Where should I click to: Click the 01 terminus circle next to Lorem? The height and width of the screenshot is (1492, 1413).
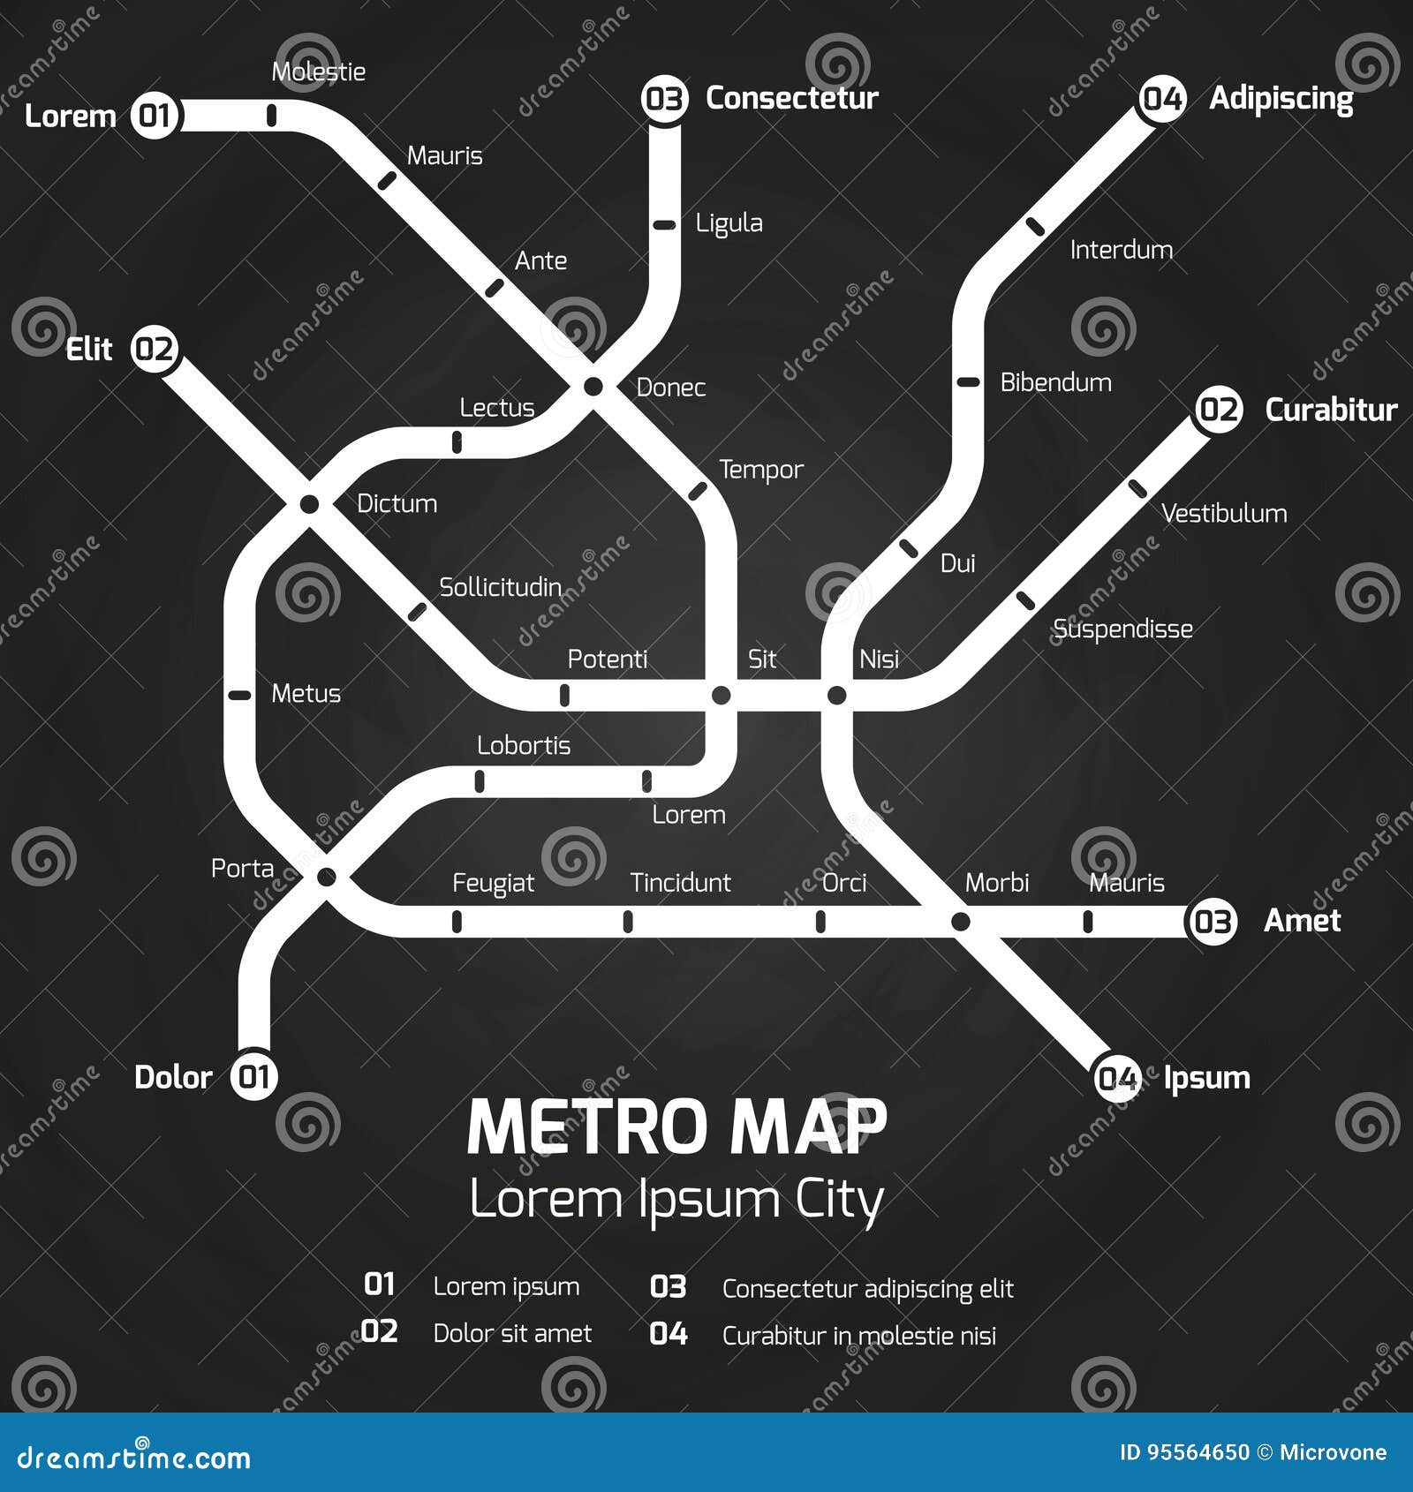(155, 115)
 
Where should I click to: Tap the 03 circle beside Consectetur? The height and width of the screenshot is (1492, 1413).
(664, 98)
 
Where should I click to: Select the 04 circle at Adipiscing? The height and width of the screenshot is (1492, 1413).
(1162, 98)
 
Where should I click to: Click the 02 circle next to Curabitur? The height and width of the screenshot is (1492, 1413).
(1219, 410)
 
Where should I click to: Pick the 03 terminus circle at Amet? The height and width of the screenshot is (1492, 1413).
(1212, 922)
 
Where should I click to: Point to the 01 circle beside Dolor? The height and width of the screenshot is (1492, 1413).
(254, 1076)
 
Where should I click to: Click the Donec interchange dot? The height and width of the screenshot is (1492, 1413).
(593, 386)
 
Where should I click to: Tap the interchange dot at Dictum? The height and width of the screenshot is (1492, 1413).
(309, 504)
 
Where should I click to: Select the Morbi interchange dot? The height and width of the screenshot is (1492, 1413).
(960, 922)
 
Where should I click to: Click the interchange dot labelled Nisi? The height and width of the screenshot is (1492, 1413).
(836, 696)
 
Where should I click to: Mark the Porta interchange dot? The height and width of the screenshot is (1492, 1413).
(326, 877)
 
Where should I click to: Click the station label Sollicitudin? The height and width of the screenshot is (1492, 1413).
(500, 587)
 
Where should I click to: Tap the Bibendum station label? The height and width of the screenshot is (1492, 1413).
(1055, 382)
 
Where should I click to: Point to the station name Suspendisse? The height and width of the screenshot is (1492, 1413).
(1122, 629)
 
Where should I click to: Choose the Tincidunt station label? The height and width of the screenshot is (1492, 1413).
(680, 882)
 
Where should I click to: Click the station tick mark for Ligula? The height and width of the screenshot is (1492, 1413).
(664, 225)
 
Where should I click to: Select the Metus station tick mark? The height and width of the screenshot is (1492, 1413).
(239, 696)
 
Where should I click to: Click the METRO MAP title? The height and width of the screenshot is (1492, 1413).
(676, 1127)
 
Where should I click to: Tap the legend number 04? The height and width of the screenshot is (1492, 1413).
(669, 1333)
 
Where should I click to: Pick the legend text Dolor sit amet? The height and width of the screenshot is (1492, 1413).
(512, 1333)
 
